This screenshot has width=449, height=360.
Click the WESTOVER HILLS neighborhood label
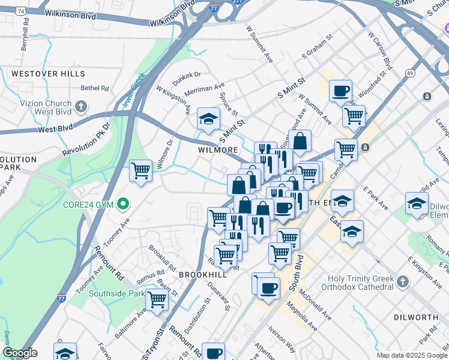click(x=47, y=73)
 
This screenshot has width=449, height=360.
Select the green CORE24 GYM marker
click(x=124, y=205)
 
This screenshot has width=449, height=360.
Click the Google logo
click(x=20, y=353)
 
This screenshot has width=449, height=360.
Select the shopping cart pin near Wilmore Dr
click(x=140, y=171)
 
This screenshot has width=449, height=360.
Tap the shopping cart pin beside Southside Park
click(x=157, y=299)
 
